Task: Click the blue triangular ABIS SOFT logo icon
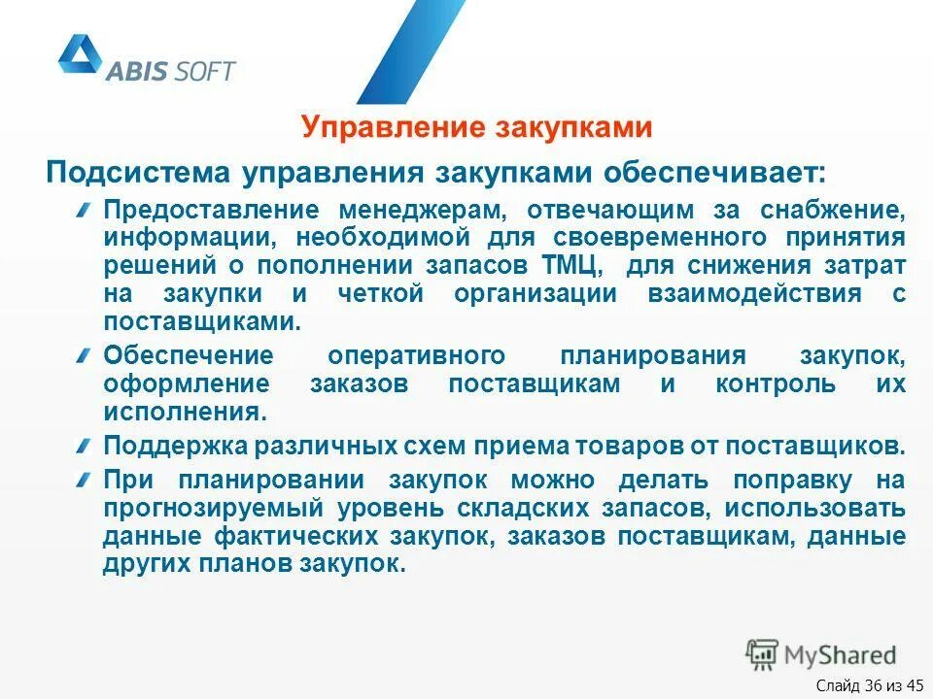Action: pos(80,56)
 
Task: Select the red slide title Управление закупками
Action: pos(475,128)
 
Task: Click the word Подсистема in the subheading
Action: pos(137,174)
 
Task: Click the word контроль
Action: pos(788,383)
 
